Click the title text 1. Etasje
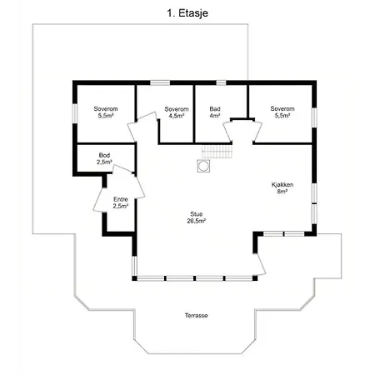coord(187,13)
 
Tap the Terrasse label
coord(197,316)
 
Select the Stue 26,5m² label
coord(197,217)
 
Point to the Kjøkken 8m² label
coord(282,187)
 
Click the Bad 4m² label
coord(215,112)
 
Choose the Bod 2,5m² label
coord(104,158)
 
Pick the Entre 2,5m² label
coord(121,202)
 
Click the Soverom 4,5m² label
coord(177,112)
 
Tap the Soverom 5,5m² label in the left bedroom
coord(106,112)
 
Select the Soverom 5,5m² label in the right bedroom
coord(282,112)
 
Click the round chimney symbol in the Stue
coord(203,166)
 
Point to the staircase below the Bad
coord(217,152)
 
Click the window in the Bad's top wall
coord(221,82)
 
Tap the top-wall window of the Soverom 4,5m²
coord(160,82)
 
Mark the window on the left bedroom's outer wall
coord(75,113)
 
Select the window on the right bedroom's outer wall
coord(314,117)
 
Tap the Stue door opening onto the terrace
coord(260,264)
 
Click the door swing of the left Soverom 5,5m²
coord(142,127)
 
